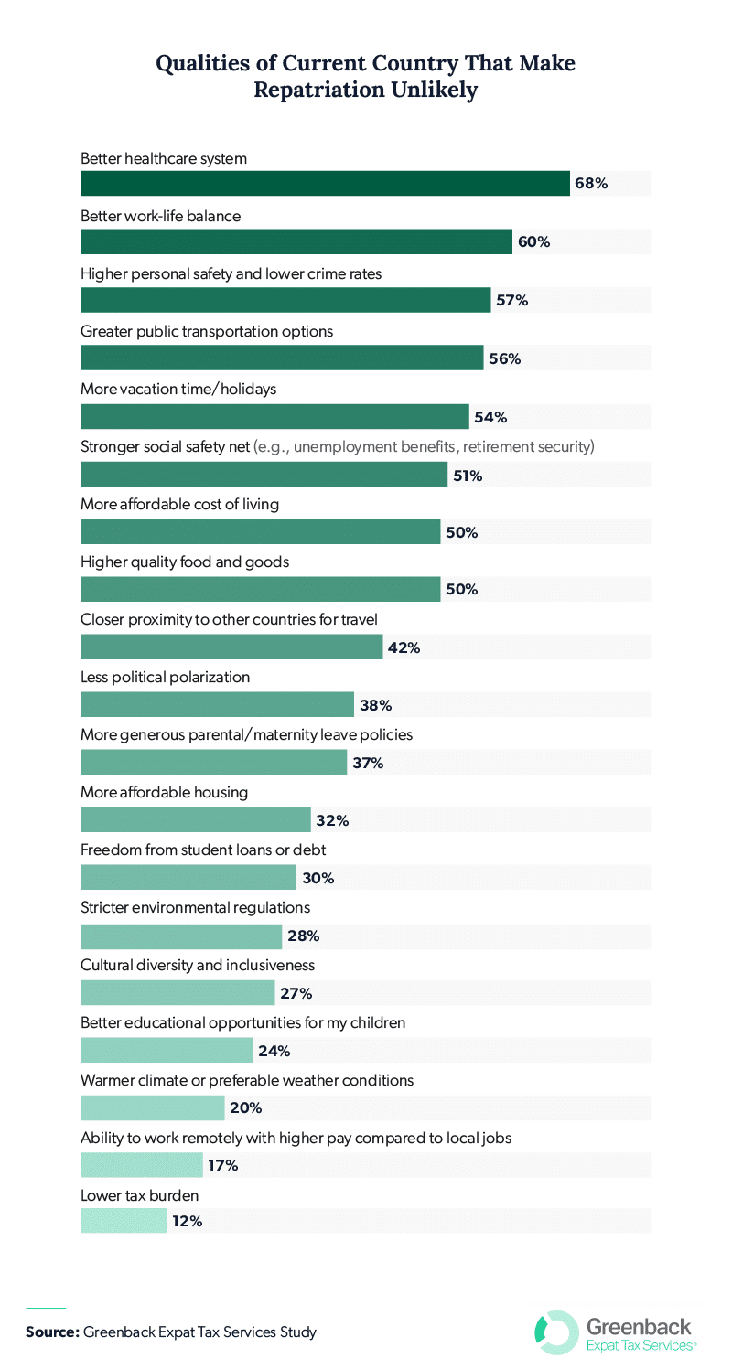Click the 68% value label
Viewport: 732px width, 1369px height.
click(591, 184)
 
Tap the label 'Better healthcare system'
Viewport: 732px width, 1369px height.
click(164, 158)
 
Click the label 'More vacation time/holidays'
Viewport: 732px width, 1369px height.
click(178, 389)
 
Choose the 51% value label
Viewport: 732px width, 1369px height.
click(468, 476)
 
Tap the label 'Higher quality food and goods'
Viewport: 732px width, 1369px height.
click(185, 562)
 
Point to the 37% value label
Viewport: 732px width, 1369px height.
click(368, 764)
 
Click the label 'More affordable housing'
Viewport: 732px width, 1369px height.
click(164, 792)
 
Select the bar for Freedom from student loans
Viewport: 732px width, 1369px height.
click(188, 878)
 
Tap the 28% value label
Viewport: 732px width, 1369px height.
click(303, 936)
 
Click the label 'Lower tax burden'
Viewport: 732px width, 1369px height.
click(139, 1195)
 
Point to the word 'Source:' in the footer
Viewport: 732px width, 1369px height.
click(52, 1332)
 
